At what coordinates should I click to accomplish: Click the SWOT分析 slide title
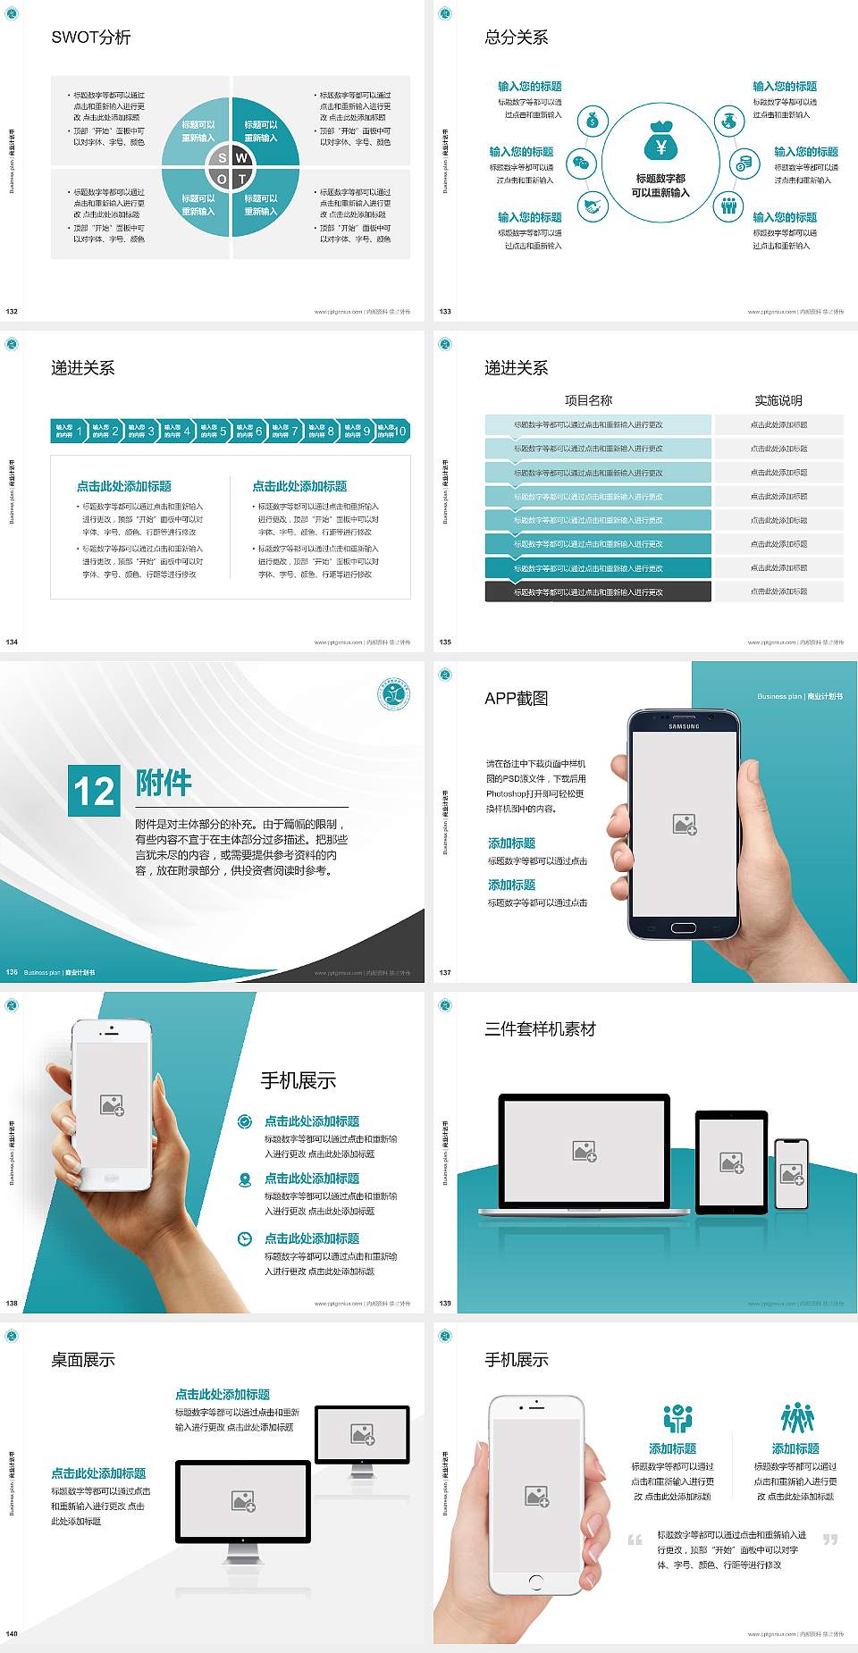[91, 38]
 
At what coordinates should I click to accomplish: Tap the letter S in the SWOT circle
[223, 158]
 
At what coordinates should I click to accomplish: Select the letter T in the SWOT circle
[242, 179]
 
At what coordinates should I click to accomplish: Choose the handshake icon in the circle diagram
[592, 206]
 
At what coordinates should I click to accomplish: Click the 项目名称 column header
[588, 400]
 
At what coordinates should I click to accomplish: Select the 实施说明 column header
[778, 400]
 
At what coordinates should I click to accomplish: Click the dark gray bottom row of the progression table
[597, 592]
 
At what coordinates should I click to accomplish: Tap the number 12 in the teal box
[94, 792]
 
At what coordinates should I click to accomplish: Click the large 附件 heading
[164, 783]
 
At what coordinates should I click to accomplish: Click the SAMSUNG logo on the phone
[684, 726]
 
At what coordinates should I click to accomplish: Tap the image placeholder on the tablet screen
[731, 1162]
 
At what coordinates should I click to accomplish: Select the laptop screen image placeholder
[585, 1151]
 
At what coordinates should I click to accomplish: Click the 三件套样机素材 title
[540, 1029]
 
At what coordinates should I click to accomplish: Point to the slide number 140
[12, 1633]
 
